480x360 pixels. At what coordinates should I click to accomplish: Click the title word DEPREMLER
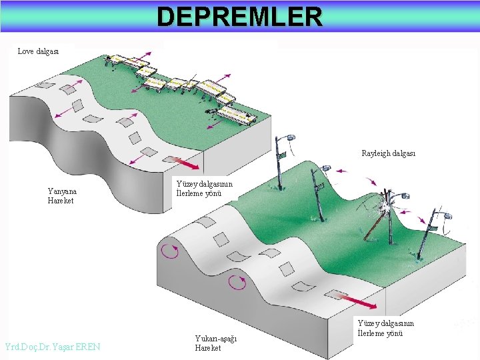click(x=239, y=16)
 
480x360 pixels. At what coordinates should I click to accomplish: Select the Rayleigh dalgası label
click(x=388, y=153)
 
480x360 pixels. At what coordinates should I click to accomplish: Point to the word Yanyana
click(x=61, y=191)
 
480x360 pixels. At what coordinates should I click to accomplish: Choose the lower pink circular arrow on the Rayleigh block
click(x=237, y=283)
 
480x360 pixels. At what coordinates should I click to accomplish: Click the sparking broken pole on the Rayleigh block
click(x=384, y=203)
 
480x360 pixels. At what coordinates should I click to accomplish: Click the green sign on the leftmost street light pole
click(x=282, y=155)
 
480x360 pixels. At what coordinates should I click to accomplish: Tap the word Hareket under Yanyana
click(x=61, y=201)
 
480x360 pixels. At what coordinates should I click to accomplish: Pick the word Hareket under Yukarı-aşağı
click(x=208, y=348)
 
